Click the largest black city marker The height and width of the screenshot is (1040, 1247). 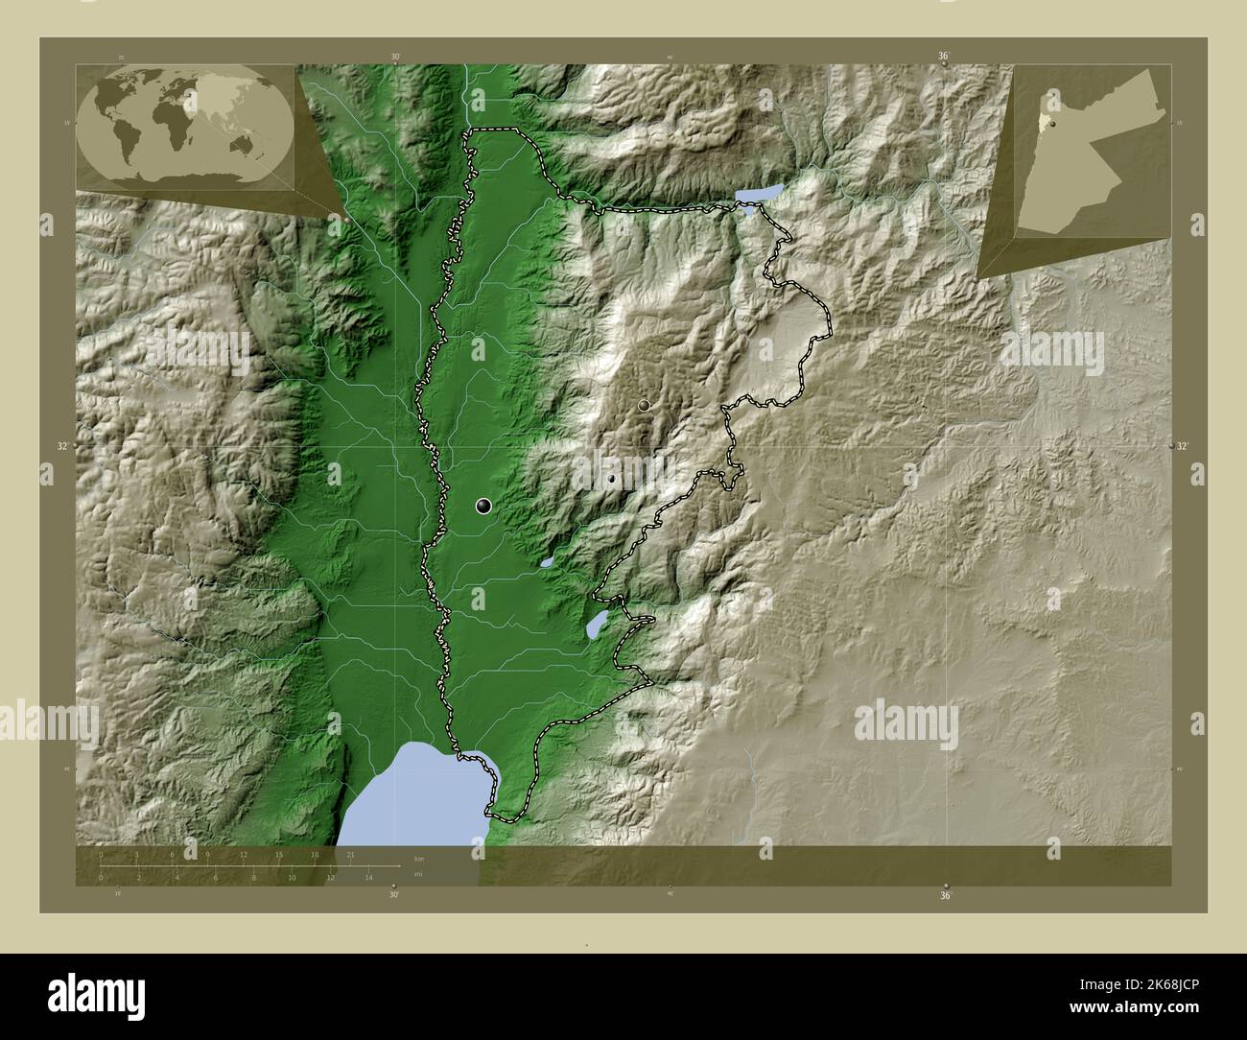[483, 506]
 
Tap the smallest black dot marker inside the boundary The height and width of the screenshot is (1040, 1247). [611, 478]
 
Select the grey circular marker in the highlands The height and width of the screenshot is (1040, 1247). [644, 406]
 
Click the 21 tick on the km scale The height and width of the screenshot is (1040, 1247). [351, 854]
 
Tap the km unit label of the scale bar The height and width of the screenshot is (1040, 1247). [418, 859]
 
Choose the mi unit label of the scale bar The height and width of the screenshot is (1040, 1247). [417, 874]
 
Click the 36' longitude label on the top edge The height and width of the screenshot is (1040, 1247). [944, 57]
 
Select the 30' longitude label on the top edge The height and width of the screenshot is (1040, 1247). [395, 57]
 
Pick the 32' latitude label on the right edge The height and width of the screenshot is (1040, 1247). [1182, 446]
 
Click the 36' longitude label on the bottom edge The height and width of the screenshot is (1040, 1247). [946, 895]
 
